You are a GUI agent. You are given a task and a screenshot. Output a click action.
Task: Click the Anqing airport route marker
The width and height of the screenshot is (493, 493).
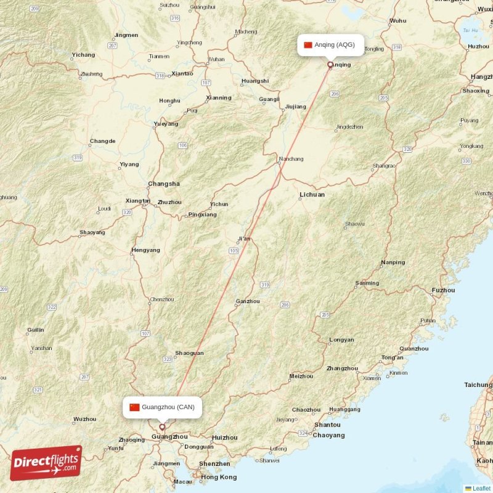(330, 64)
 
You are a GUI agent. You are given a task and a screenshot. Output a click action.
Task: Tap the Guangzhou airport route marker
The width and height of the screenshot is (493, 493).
(163, 426)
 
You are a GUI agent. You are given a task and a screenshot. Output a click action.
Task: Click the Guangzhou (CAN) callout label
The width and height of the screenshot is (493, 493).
(163, 407)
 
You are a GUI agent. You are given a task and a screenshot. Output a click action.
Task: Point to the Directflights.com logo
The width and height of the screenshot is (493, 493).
(46, 462)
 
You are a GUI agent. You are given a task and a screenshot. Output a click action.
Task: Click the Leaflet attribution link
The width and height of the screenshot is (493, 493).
(481, 488)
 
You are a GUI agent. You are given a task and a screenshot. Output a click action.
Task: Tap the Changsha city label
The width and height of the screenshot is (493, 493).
(164, 184)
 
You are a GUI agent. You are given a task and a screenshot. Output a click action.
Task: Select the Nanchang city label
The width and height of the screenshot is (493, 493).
(291, 159)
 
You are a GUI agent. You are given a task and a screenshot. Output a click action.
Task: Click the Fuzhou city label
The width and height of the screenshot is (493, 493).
(443, 290)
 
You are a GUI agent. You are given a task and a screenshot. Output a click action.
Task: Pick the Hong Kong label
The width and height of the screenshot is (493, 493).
(219, 477)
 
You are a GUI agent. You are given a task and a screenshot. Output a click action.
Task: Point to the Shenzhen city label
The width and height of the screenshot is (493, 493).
(214, 463)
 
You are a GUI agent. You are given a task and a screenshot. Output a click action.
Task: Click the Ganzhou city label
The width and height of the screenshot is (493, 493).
(248, 301)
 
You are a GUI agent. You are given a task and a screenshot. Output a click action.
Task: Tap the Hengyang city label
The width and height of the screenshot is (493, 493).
(145, 250)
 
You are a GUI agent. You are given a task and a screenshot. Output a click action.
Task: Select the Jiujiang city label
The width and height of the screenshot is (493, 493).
(295, 107)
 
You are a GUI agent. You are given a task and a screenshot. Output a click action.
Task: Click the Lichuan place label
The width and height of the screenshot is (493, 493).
(312, 194)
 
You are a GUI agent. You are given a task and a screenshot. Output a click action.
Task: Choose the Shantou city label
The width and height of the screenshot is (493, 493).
(327, 425)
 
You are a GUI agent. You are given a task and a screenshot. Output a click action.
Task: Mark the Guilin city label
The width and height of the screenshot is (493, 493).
(35, 330)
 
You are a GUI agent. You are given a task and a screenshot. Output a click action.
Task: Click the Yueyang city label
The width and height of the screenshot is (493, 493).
(165, 123)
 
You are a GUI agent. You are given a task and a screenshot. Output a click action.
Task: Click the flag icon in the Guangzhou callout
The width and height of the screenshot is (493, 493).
(134, 407)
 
